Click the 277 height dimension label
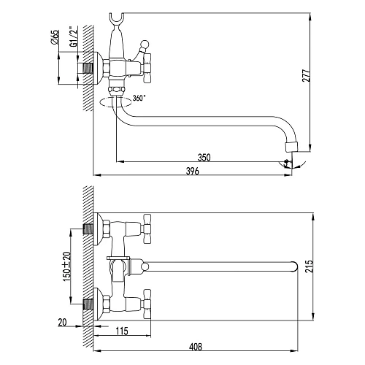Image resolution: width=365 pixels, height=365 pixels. pyautogui.click(x=306, y=75)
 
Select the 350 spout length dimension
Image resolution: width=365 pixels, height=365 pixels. pyautogui.click(x=204, y=158)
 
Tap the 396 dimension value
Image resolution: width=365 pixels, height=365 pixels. pyautogui.click(x=193, y=171)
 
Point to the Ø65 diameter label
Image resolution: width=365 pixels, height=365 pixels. pyautogui.click(x=55, y=37)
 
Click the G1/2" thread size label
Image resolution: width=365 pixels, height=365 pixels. pyautogui.click(x=73, y=36)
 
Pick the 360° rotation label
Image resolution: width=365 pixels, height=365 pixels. pyautogui.click(x=139, y=98)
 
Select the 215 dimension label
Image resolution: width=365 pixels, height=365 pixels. pyautogui.click(x=308, y=266)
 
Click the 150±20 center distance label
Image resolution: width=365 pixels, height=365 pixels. pyautogui.click(x=67, y=266)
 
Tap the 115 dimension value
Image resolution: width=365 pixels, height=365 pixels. pyautogui.click(x=122, y=331)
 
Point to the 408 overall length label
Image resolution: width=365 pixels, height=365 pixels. pyautogui.click(x=196, y=347)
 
